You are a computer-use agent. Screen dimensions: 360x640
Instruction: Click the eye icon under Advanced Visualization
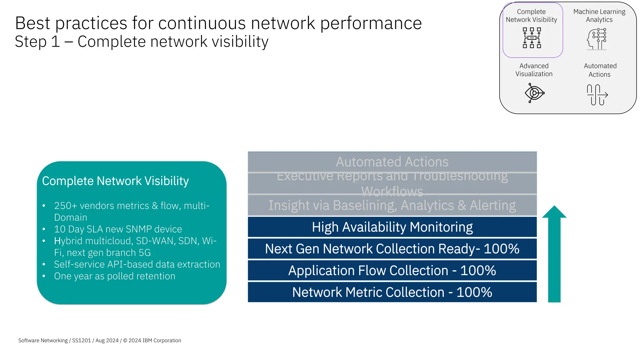(x=534, y=93)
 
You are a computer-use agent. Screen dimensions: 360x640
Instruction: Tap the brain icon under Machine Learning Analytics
(x=597, y=39)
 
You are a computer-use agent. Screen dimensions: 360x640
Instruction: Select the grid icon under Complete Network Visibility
(x=532, y=38)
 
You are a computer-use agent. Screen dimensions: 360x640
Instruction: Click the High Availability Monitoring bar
(x=392, y=227)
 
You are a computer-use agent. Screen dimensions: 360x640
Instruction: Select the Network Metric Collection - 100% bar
(x=392, y=292)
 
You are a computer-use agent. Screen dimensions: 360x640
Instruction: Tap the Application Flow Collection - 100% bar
(x=392, y=271)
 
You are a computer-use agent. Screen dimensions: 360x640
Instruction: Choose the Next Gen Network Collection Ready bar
(x=392, y=249)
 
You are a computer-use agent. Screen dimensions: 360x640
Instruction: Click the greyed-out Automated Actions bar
(x=392, y=162)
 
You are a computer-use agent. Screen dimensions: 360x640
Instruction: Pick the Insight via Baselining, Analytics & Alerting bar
(x=392, y=206)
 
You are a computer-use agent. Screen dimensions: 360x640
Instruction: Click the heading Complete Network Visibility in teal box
(x=115, y=181)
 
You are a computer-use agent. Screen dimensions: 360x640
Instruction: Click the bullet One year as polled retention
(x=114, y=276)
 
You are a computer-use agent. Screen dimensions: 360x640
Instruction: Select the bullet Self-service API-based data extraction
(x=137, y=264)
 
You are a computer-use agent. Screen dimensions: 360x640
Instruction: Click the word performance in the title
(x=371, y=23)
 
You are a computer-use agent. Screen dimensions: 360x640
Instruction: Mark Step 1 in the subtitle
(x=37, y=42)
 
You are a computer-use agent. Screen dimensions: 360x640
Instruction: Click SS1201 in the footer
(x=81, y=340)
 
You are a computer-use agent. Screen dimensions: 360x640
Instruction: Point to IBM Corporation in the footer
(x=162, y=340)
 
